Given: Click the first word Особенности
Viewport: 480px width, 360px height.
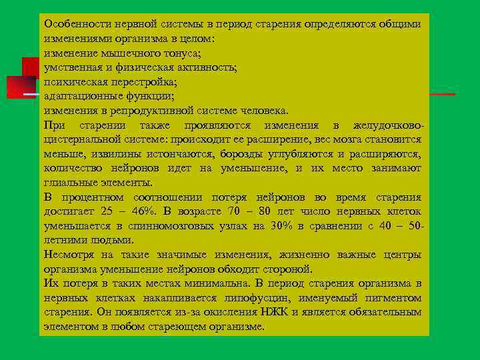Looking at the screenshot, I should coord(72,24).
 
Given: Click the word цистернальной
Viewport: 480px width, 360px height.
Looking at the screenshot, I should coord(82,139).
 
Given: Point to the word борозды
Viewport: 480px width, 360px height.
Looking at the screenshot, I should coord(244,154).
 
